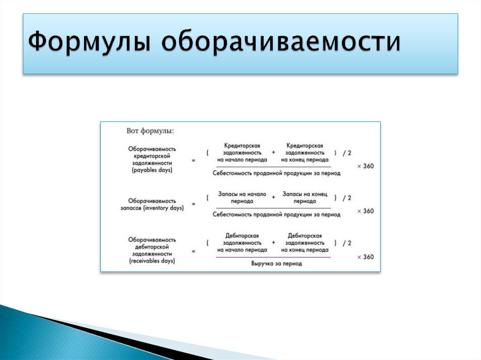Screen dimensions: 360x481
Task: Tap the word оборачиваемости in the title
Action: pyautogui.click(x=281, y=43)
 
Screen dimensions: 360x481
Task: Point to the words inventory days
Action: pyautogui.click(x=164, y=207)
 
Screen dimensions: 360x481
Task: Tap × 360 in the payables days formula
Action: pyautogui.click(x=365, y=166)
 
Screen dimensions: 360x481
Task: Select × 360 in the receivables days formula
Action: pyautogui.click(x=365, y=257)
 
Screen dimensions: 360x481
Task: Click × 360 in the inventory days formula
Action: pyautogui.click(x=365, y=211)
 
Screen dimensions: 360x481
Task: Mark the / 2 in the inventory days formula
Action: pyautogui.click(x=347, y=198)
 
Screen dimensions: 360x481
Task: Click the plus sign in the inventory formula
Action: pyautogui.click(x=273, y=198)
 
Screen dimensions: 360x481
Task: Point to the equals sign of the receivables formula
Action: pyautogui.click(x=193, y=252)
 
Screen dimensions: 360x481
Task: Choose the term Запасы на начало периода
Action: pyautogui.click(x=242, y=198)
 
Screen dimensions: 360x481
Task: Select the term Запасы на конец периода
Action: pyautogui.click(x=304, y=198)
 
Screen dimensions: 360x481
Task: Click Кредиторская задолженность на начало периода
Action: pyautogui.click(x=242, y=153)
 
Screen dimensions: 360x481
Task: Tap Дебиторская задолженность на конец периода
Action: pyautogui.click(x=304, y=243)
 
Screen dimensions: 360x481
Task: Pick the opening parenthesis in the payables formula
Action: pyautogui.click(x=207, y=153)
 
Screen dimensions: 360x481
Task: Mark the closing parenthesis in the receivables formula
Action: pyautogui.click(x=335, y=243)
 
